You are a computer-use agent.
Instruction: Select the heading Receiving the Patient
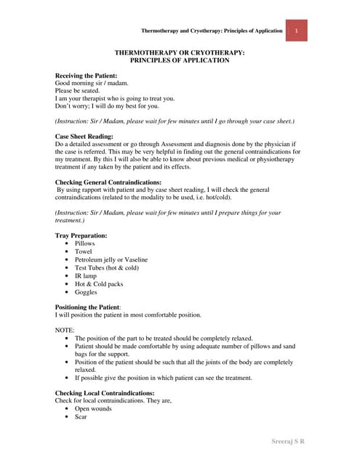pos(86,76)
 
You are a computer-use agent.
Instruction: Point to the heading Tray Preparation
pos(81,235)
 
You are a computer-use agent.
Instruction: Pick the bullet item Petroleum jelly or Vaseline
pos(111,259)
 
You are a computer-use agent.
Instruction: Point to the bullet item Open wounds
pos(94,408)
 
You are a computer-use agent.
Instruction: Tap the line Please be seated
pos(78,91)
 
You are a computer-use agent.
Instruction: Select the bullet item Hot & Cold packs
pos(100,284)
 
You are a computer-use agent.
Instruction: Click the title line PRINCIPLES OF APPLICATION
pos(180,60)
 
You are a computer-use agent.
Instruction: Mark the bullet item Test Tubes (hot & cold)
pos(107,267)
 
